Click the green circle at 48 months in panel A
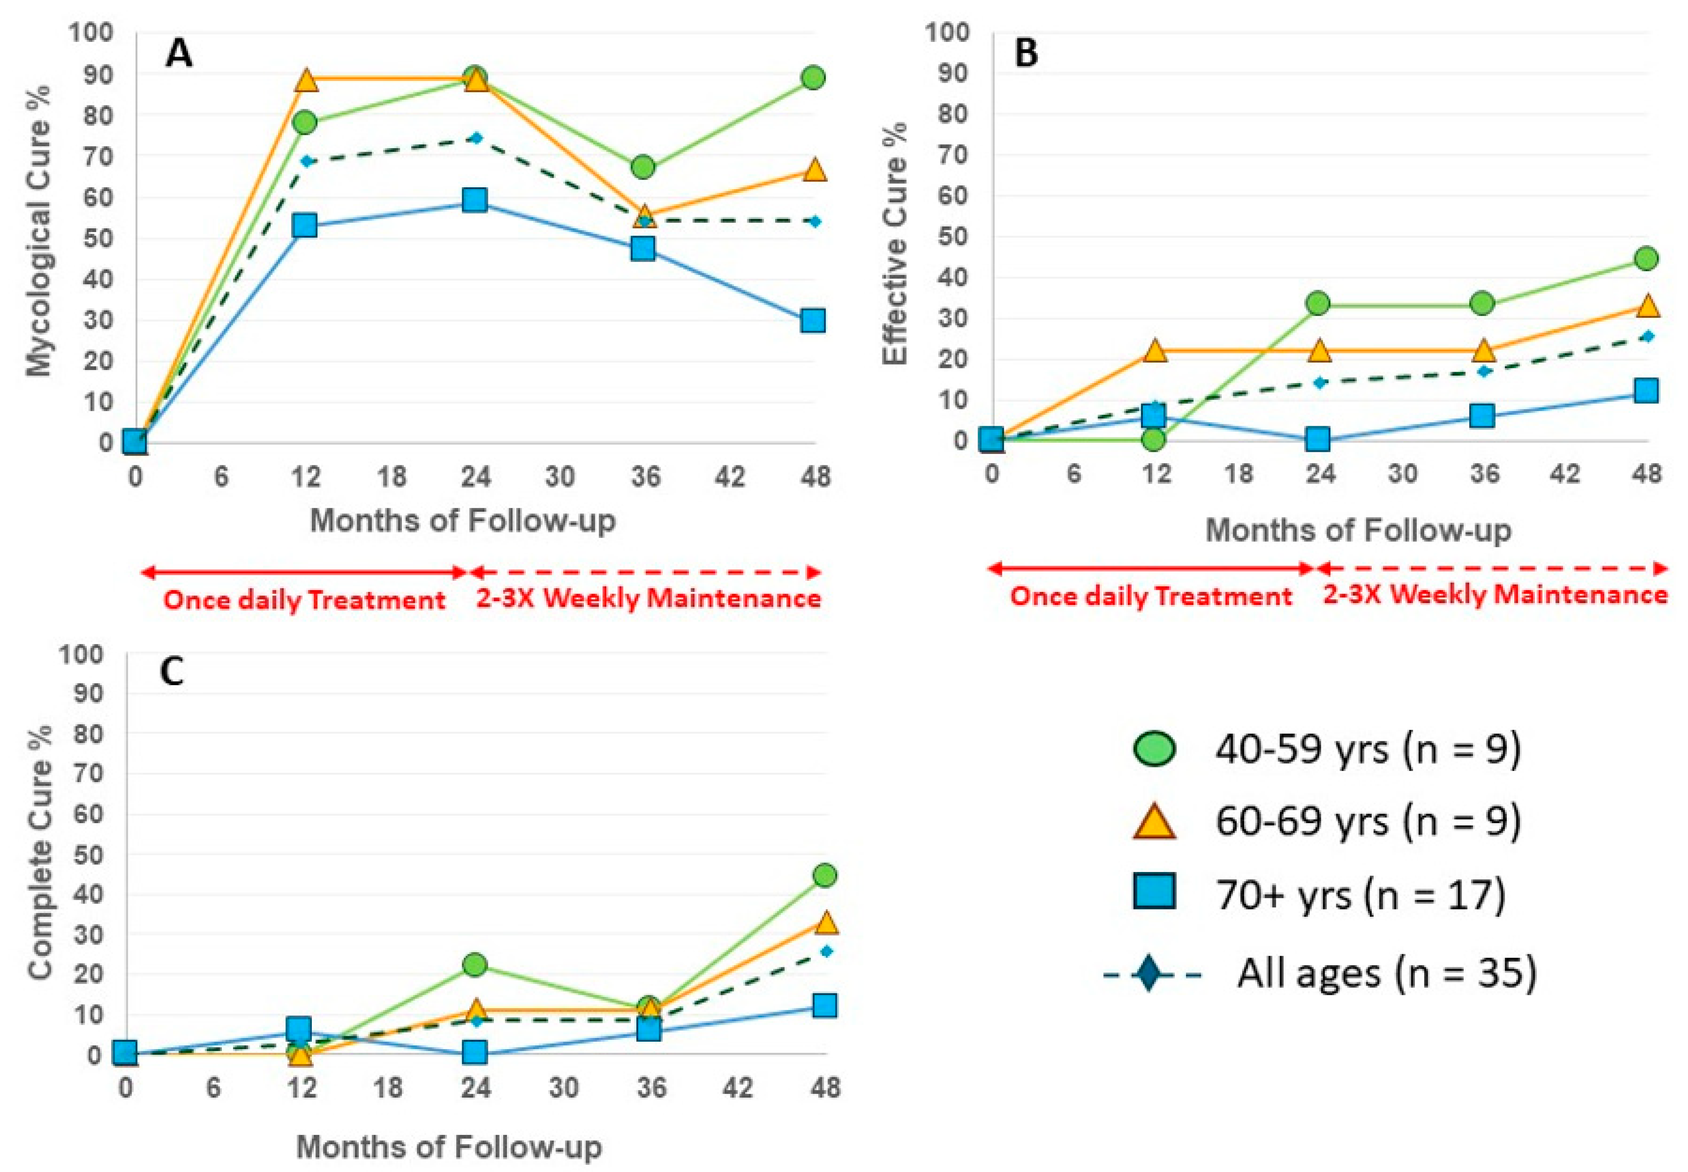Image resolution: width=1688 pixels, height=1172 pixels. click(813, 78)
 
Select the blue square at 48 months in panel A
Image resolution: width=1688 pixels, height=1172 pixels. click(813, 321)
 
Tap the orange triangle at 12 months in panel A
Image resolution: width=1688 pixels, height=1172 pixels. click(306, 81)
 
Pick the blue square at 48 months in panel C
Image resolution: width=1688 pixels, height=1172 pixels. click(824, 1006)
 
